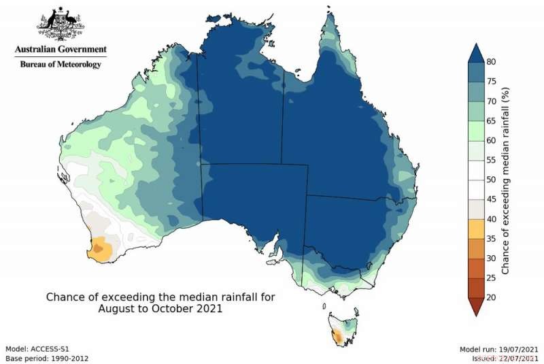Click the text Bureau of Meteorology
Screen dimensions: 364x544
coord(61,64)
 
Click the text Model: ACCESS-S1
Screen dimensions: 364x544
coord(37,348)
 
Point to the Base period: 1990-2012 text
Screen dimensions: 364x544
coord(47,357)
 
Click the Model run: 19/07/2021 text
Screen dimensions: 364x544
coord(499,348)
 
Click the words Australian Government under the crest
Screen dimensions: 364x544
coord(61,50)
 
